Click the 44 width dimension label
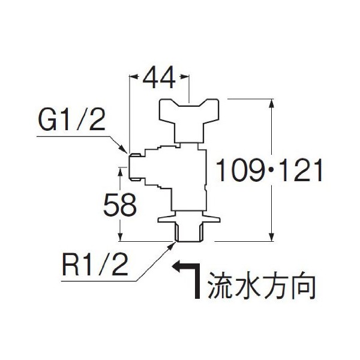(x=160, y=78)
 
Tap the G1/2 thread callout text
(x=71, y=122)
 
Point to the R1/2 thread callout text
(x=96, y=265)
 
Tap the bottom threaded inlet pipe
(x=188, y=232)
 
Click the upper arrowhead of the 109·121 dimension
(x=273, y=103)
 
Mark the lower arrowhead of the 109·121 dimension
(x=273, y=238)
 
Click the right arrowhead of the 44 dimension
(x=186, y=77)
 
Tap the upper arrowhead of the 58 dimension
(x=121, y=172)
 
